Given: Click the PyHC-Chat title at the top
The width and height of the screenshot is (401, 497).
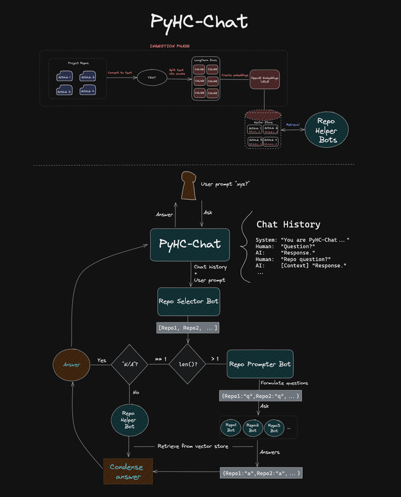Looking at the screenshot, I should tap(200, 22).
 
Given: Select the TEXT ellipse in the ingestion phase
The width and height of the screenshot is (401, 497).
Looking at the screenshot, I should tap(151, 78).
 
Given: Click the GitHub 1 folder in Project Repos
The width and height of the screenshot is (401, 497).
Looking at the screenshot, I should tap(65, 77).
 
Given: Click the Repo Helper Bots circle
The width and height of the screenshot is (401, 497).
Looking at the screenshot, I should tap(327, 131).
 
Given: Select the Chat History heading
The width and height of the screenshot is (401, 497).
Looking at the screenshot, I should tap(288, 224).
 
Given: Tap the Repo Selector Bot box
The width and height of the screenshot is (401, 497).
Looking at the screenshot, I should tap(188, 301).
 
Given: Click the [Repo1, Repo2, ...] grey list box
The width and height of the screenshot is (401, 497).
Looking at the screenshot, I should tap(188, 327).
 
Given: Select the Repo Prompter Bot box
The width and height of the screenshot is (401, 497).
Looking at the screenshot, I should tap(259, 363).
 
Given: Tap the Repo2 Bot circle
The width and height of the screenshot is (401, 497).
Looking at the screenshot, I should tap(253, 428).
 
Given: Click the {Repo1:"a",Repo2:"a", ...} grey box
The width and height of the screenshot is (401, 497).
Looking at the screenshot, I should tap(261, 473).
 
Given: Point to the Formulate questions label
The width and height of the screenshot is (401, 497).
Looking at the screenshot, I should tap(284, 383).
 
